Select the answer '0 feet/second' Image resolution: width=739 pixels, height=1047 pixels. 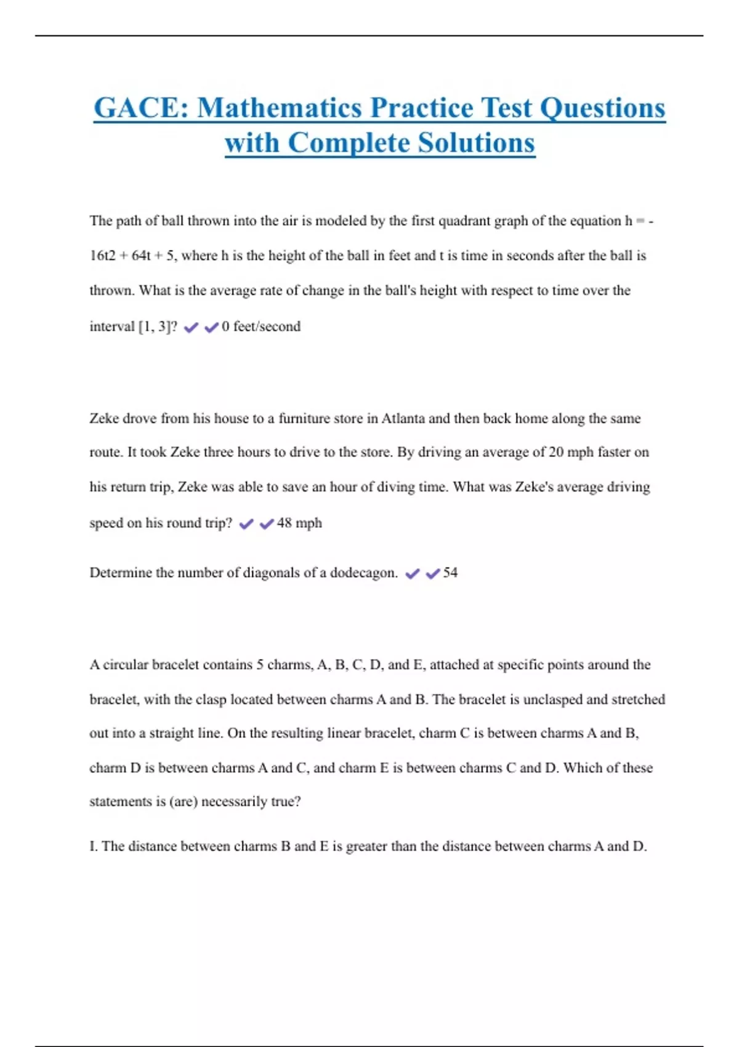coord(261,326)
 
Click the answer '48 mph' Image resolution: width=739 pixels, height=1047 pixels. coord(299,523)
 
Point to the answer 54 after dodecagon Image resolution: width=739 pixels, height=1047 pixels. coord(450,573)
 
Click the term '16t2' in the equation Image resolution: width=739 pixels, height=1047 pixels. coord(102,256)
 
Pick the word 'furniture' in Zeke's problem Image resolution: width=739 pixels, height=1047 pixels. coord(304,419)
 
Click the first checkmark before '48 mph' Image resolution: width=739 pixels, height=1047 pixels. coord(246,523)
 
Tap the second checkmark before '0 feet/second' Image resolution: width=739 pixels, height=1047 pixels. coord(211,327)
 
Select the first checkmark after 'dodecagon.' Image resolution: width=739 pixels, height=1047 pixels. coord(413,573)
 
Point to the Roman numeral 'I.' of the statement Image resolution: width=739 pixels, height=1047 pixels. coord(94,846)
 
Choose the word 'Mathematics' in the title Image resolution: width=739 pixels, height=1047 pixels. coord(280,108)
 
